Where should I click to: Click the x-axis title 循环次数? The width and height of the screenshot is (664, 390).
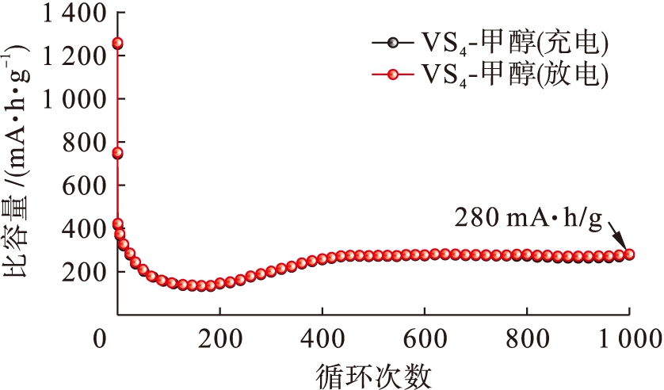pos(372,372)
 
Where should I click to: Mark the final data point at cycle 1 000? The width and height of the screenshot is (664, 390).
pos(629,254)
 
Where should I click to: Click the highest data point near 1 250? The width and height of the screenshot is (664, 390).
pos(117,44)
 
